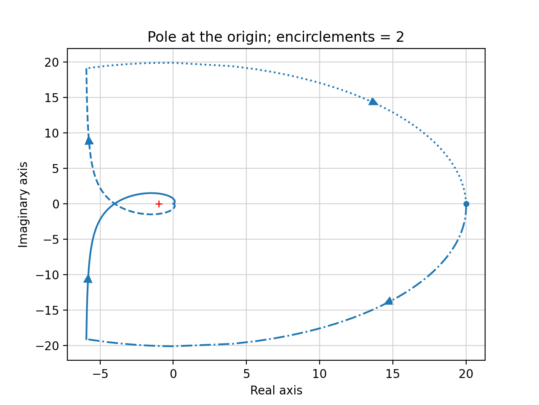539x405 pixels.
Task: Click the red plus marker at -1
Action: click(159, 204)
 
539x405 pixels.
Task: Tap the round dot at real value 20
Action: click(466, 204)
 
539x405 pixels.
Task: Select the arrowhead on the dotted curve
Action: click(373, 101)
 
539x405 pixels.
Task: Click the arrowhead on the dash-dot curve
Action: click(389, 301)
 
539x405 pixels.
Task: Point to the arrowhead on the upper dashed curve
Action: click(89, 140)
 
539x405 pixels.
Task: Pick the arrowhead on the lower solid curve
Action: click(88, 278)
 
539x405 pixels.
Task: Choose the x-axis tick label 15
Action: click(393, 374)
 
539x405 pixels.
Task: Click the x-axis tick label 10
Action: click(320, 374)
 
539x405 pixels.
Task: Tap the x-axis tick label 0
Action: click(173, 374)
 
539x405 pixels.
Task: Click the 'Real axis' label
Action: click(276, 391)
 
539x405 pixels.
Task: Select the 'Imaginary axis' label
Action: click(24, 205)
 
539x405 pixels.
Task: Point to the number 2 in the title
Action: click(400, 38)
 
